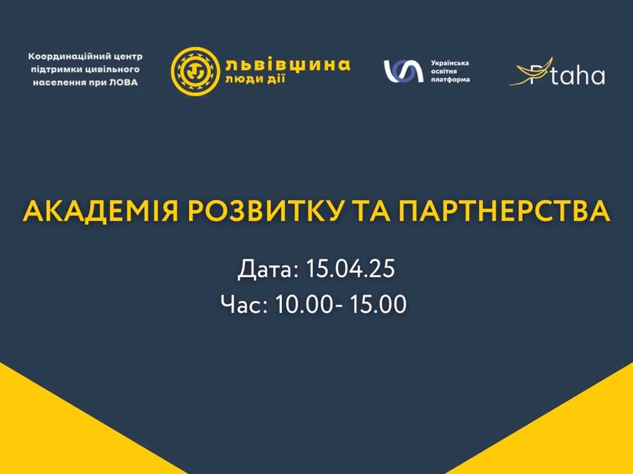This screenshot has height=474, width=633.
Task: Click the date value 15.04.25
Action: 350,269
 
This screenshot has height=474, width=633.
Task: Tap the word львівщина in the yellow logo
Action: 285,65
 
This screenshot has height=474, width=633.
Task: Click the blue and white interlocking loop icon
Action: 404,71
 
